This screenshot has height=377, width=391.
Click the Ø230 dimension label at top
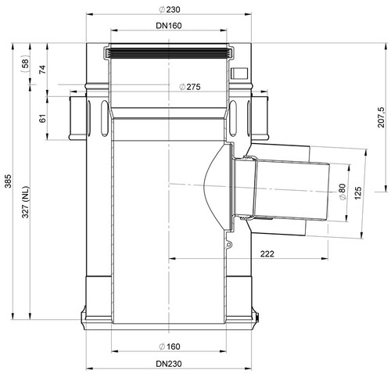pos(170,9)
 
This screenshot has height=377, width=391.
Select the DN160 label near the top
pos(169,26)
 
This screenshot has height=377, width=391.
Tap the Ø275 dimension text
pos(190,87)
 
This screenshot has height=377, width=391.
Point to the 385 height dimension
pos(9,181)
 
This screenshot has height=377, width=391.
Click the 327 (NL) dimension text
pos(26,203)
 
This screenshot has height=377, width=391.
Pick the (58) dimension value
pos(25,64)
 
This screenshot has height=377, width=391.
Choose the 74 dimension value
pos(42,70)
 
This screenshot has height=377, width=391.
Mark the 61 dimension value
pos(42,118)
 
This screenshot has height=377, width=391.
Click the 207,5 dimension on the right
pos(382,117)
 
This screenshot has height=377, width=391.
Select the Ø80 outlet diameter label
pos(343,192)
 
